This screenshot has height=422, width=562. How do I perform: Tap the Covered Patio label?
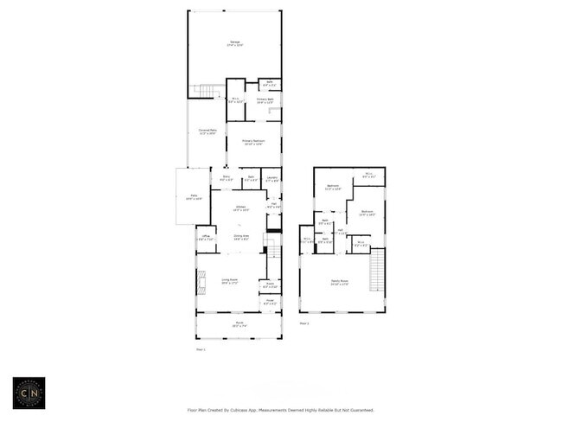(208, 131)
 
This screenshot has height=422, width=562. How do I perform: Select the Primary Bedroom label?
(253, 141)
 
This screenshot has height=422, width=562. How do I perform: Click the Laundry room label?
(271, 179)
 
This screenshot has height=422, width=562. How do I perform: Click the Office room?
(206, 238)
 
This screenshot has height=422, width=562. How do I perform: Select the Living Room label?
(230, 280)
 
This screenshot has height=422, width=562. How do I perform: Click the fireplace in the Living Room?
(201, 282)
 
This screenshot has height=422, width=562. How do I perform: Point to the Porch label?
(239, 324)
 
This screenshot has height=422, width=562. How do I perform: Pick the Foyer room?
(271, 303)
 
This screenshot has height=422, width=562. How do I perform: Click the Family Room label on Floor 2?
(338, 281)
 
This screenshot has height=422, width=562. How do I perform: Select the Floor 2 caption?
(303, 323)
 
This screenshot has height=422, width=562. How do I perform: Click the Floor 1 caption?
(200, 349)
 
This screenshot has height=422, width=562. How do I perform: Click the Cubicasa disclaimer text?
(281, 410)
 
